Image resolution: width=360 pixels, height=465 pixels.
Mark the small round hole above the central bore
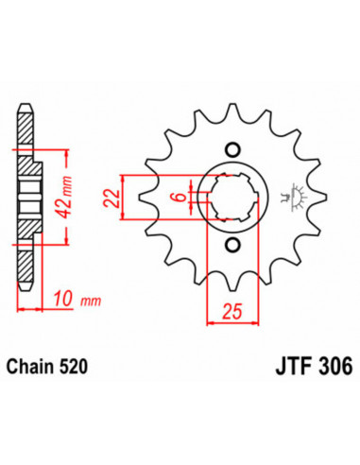coord(232,151)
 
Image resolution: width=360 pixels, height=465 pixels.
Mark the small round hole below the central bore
coord(232,249)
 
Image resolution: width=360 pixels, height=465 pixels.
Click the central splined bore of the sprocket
coord(232,199)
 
